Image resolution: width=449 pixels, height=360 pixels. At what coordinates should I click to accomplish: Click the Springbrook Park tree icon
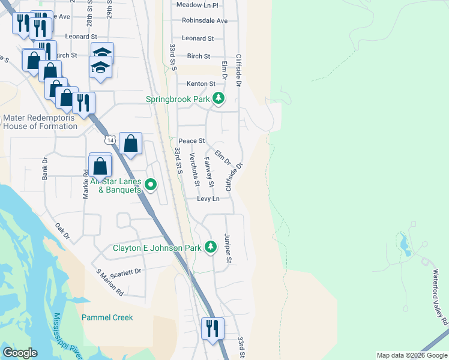coord(219,98)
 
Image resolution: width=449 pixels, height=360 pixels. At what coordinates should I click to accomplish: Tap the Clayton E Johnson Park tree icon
coord(211,247)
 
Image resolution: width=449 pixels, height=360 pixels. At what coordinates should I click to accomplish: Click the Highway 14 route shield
coord(109,140)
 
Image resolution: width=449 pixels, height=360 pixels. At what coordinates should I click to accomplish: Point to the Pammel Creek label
coord(107,317)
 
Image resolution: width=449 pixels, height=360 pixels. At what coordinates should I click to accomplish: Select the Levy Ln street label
coord(208,199)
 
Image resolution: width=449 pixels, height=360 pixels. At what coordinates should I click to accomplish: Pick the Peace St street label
coord(196,140)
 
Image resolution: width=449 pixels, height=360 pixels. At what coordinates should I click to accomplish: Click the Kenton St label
coord(200,83)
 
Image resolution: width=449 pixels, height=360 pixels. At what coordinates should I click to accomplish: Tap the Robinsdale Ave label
coord(205,20)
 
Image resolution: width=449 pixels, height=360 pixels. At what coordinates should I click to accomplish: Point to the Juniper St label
coord(228,248)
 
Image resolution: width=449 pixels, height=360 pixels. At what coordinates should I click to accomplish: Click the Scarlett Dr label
coord(127,271)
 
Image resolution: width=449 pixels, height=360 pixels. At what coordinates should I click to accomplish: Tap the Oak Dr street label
coord(62,232)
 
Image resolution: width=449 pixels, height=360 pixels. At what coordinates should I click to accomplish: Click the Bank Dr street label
coord(44,169)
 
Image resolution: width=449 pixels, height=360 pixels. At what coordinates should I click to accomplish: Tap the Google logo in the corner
coord(20,353)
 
